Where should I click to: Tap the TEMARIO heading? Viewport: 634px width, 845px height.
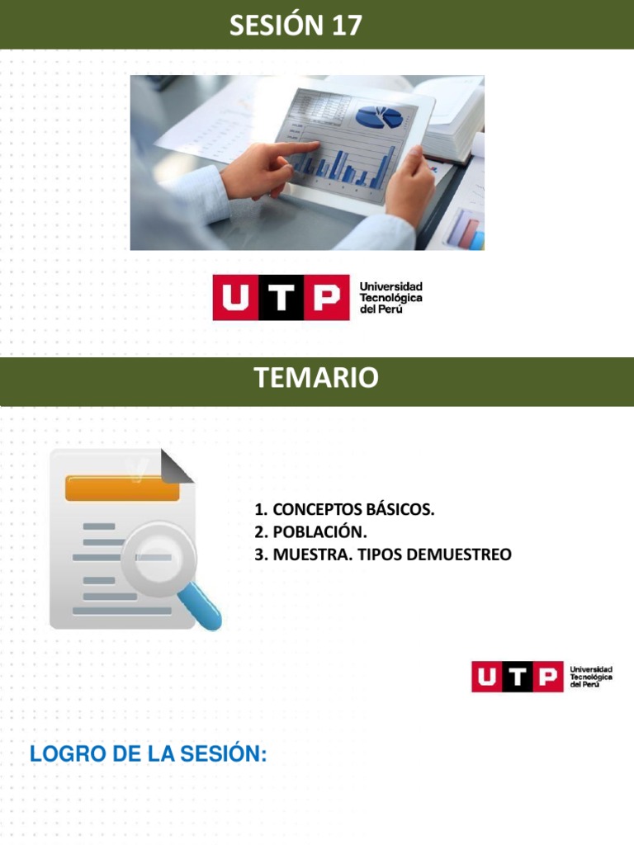point(316,378)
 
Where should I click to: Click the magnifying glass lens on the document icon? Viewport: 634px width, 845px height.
point(158,558)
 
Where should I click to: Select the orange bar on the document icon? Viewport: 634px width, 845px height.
point(122,489)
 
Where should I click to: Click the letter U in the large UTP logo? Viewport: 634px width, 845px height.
point(235,298)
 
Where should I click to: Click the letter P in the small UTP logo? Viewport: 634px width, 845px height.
point(545,677)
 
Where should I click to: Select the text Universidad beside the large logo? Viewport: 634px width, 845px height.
point(390,286)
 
